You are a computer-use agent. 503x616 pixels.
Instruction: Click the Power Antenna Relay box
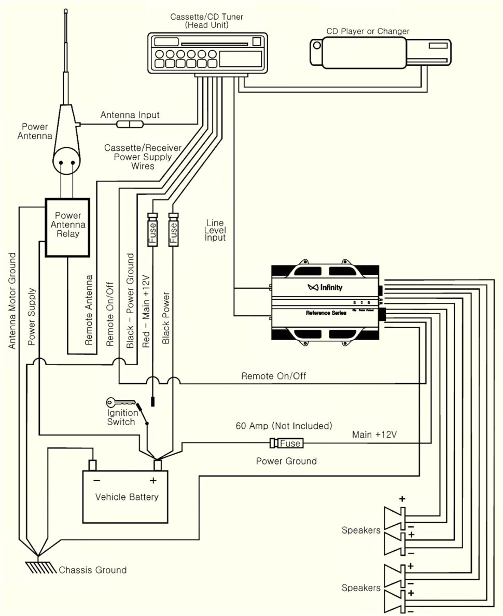click(67, 227)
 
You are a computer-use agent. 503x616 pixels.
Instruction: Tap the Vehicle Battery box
click(126, 496)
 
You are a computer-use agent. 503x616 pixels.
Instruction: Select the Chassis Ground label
click(92, 570)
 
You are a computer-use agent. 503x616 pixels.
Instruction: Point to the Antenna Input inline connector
click(130, 124)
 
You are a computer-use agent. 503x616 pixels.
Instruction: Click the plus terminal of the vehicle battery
click(158, 464)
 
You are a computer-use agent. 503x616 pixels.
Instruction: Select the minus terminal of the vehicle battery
click(93, 464)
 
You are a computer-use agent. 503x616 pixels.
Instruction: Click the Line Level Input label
click(215, 230)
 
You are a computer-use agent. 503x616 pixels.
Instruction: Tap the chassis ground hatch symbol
click(39, 567)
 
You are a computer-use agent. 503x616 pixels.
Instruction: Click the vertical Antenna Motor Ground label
click(12, 301)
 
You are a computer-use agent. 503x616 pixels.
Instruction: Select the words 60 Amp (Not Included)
click(284, 426)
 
